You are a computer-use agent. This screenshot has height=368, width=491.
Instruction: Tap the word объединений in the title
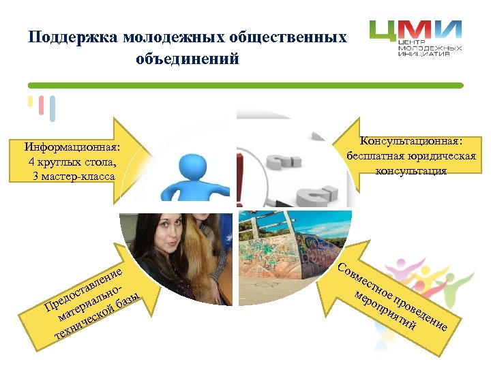click(x=188, y=59)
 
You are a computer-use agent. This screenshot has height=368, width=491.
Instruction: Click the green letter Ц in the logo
click(x=384, y=33)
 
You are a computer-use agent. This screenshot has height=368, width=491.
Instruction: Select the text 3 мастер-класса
click(x=74, y=177)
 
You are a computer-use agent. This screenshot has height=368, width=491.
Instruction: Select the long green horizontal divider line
click(x=245, y=86)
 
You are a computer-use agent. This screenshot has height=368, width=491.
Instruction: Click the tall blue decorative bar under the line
click(x=53, y=109)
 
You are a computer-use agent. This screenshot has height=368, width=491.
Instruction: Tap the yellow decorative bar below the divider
click(x=30, y=102)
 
